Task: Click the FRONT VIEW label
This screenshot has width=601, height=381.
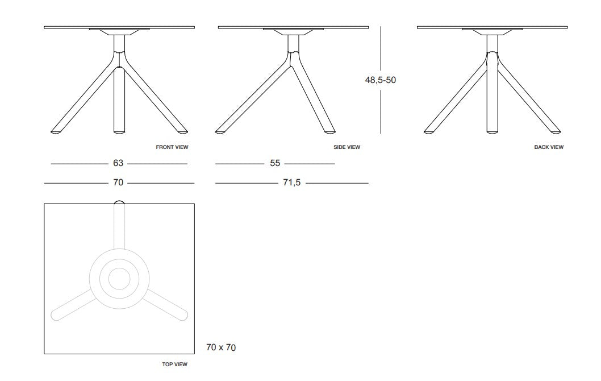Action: (172, 147)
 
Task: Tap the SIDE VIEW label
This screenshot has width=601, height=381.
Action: (347, 147)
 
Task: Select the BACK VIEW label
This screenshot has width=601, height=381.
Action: (549, 147)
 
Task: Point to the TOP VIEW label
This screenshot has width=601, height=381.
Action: (175, 365)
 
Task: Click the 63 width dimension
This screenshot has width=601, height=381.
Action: (118, 163)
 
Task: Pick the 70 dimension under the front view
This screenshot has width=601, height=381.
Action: (118, 183)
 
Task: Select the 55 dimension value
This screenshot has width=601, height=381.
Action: (275, 163)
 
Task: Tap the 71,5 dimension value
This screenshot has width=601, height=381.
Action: (292, 183)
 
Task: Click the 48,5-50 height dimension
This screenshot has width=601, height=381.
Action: (380, 80)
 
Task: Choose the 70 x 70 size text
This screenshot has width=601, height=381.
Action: (220, 347)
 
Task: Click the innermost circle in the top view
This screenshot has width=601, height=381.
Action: (119, 279)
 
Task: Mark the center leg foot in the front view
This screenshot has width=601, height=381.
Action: (119, 132)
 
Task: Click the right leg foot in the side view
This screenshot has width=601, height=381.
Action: (329, 132)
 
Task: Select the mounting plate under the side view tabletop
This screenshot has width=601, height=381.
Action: (293, 32)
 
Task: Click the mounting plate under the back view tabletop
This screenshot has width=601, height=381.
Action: (491, 32)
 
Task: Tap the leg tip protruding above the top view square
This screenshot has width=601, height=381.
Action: (119, 202)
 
